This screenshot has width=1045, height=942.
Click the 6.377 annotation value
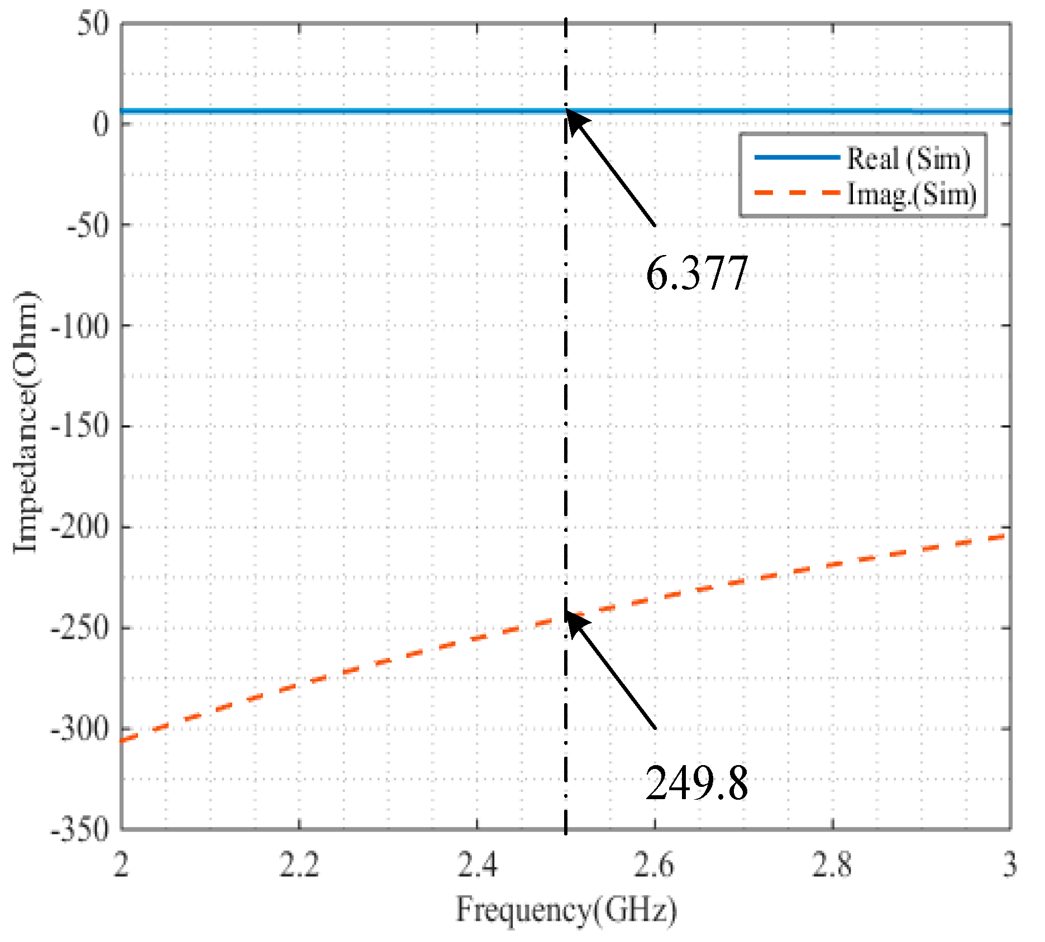click(696, 273)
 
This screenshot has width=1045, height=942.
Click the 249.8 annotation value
click(696, 783)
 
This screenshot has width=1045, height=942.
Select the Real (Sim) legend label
click(909, 159)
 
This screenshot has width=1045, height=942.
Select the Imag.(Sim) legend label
click(912, 194)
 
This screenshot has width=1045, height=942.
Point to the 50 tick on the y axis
click(93, 25)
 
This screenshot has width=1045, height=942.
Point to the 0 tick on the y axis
click(101, 124)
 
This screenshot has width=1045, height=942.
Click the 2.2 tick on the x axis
click(299, 866)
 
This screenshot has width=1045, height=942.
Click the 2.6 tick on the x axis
click(655, 866)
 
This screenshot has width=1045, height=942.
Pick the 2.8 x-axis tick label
click(832, 866)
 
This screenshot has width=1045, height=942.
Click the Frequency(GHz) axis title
click(566, 910)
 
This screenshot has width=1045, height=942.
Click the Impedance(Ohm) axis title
click(26, 422)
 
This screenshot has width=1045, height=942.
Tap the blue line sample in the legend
click(797, 157)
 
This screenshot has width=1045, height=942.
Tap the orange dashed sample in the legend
click(797, 193)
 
